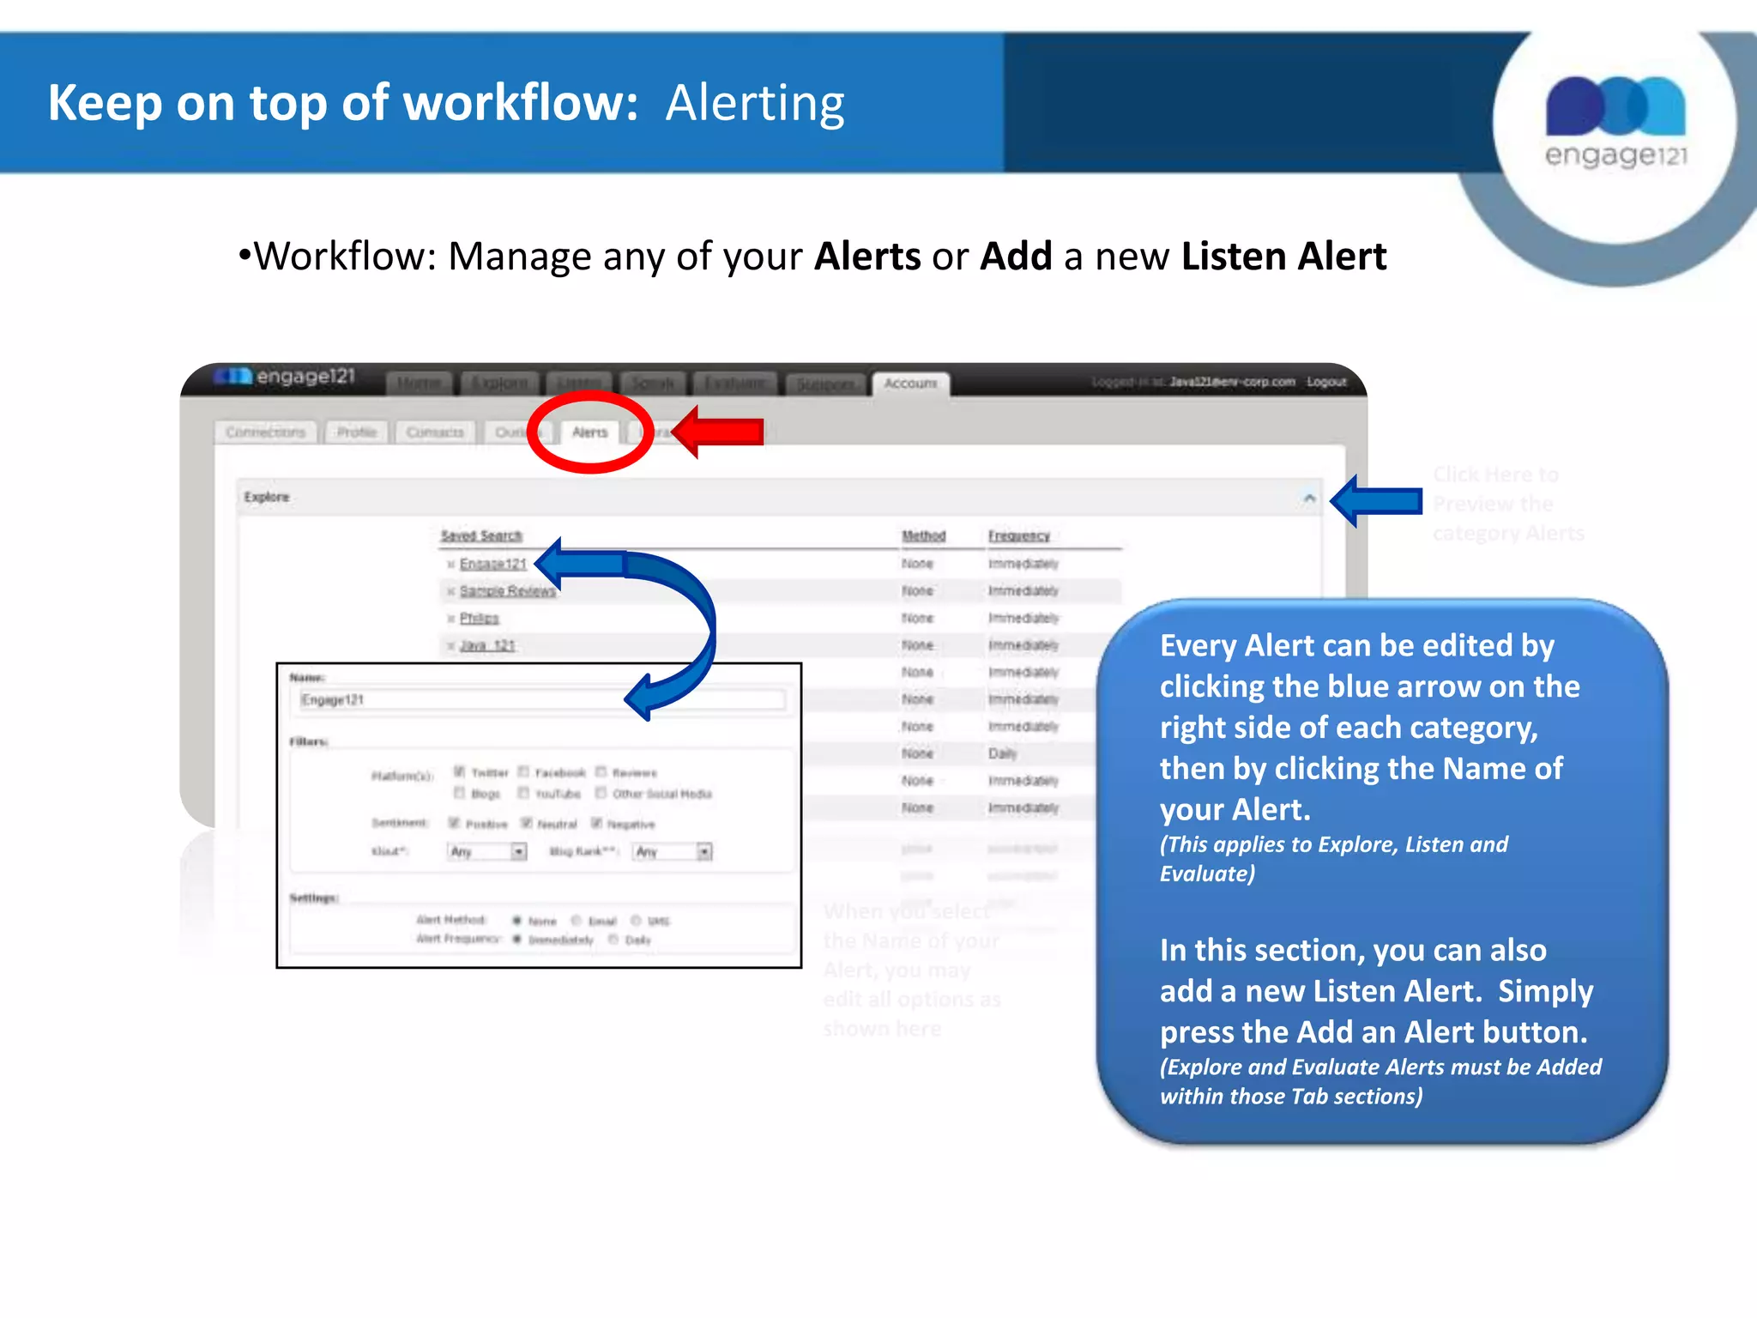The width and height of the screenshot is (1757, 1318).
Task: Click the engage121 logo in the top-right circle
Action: tap(1615, 120)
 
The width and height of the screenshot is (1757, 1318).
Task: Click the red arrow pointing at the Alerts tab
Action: tap(721, 431)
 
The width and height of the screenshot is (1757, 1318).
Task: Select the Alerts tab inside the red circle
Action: tap(589, 432)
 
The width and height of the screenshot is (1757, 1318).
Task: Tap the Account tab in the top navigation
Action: tap(910, 384)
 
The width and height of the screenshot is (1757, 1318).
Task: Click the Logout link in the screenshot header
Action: tap(1326, 382)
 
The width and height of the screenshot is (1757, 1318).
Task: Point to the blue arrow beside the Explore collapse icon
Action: tap(1376, 500)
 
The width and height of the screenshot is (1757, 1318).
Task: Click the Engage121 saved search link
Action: tap(492, 564)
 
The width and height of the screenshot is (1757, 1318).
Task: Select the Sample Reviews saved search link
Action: tap(507, 591)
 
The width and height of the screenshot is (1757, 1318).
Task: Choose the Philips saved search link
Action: tap(479, 619)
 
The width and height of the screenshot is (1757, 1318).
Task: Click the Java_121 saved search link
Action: tap(487, 645)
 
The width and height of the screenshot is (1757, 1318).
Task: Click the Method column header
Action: tap(923, 535)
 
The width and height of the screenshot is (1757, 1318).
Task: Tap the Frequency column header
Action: tap(1018, 535)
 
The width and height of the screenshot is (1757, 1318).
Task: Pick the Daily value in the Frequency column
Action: tap(1002, 753)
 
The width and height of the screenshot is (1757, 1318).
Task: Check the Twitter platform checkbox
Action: tap(459, 771)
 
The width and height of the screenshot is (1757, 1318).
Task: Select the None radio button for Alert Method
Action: tap(517, 921)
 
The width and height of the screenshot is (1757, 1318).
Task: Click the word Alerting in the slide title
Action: tap(755, 103)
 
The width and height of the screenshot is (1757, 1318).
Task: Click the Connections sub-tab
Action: tap(265, 432)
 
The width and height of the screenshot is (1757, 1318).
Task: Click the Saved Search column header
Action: tap(480, 535)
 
